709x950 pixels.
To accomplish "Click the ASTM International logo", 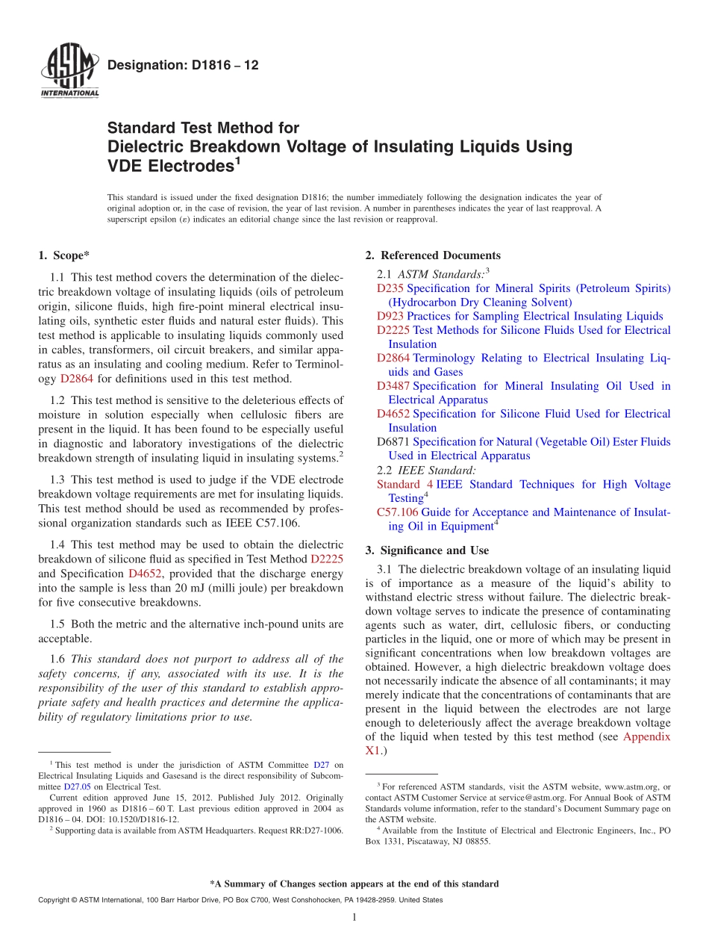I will [69, 72].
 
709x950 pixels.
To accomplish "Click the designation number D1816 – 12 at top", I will [183, 66].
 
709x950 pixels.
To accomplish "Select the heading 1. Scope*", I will [64, 256].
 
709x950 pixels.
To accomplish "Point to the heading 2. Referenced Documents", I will [433, 256].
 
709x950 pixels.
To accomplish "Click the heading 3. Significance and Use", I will [427, 550].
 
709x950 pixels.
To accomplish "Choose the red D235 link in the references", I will [390, 288].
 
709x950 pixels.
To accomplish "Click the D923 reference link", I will [390, 316].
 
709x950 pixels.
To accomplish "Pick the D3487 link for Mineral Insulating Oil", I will [393, 386].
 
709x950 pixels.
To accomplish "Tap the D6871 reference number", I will [393, 442].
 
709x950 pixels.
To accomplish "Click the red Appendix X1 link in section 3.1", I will [646, 737].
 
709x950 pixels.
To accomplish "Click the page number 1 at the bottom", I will [354, 918].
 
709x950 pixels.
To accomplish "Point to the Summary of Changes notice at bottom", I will [354, 884].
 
